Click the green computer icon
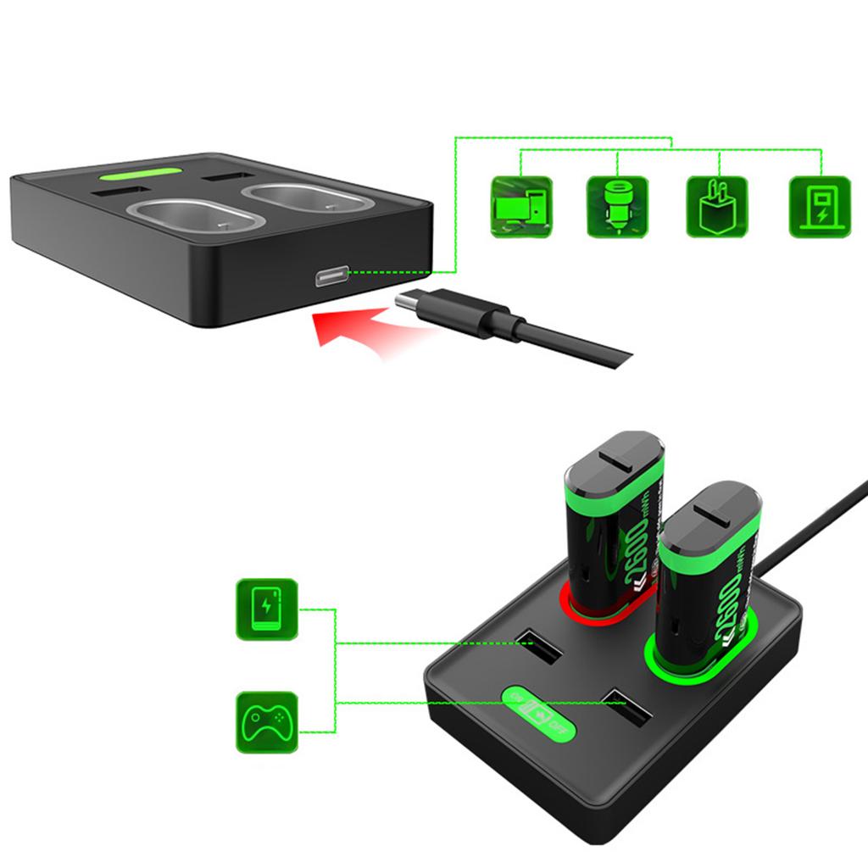point(521,206)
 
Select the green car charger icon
point(618,206)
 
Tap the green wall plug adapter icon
point(716,206)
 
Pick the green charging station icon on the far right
point(820,206)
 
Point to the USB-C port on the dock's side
point(331,277)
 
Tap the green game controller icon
point(266,723)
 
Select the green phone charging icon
point(266,609)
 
